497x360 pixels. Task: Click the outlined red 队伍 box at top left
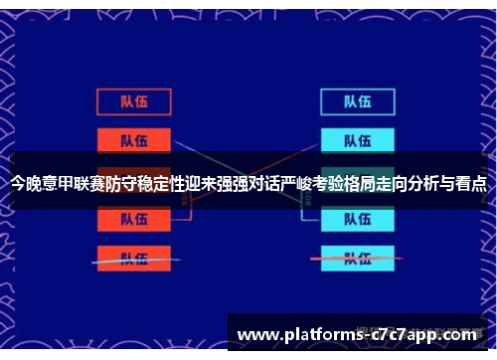[x=133, y=101]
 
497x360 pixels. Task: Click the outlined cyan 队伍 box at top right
[x=357, y=101]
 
